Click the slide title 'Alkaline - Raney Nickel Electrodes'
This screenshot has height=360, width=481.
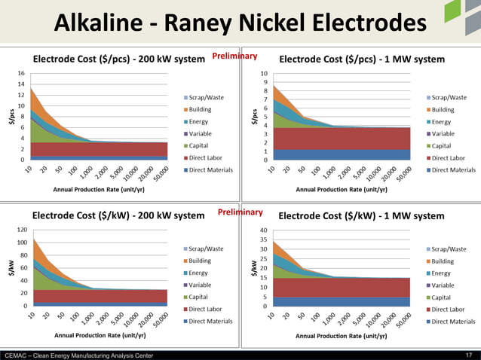pyautogui.click(x=240, y=25)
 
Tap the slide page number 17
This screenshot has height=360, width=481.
pyautogui.click(x=469, y=355)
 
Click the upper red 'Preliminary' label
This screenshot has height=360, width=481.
pyautogui.click(x=234, y=56)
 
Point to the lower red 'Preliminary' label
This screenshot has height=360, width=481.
pyautogui.click(x=240, y=213)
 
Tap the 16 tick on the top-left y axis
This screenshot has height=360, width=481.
pyautogui.click(x=21, y=73)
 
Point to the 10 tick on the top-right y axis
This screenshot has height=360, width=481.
pyautogui.click(x=263, y=74)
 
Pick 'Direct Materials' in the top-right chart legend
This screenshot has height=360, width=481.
pyautogui.click(x=452, y=169)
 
